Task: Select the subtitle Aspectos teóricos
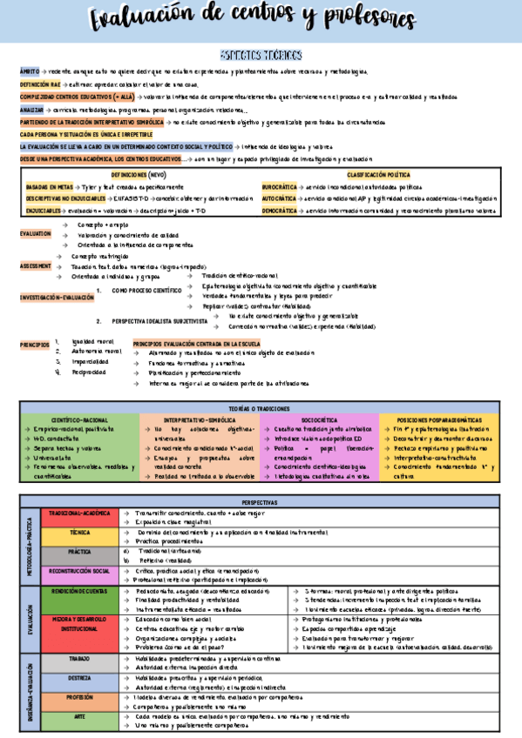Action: coord(261,54)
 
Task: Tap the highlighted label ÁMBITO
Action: coord(30,72)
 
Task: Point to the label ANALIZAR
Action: coord(31,111)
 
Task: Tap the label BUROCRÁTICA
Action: coord(279,187)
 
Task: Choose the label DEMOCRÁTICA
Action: coord(280,211)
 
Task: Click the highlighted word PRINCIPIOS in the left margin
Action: coord(35,345)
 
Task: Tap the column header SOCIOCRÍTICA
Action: coord(319,419)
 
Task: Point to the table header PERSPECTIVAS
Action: coord(261,502)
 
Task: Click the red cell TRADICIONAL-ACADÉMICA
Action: coord(79,513)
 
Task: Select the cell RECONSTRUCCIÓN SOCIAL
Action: coord(79,572)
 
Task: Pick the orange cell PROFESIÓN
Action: coord(79,697)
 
